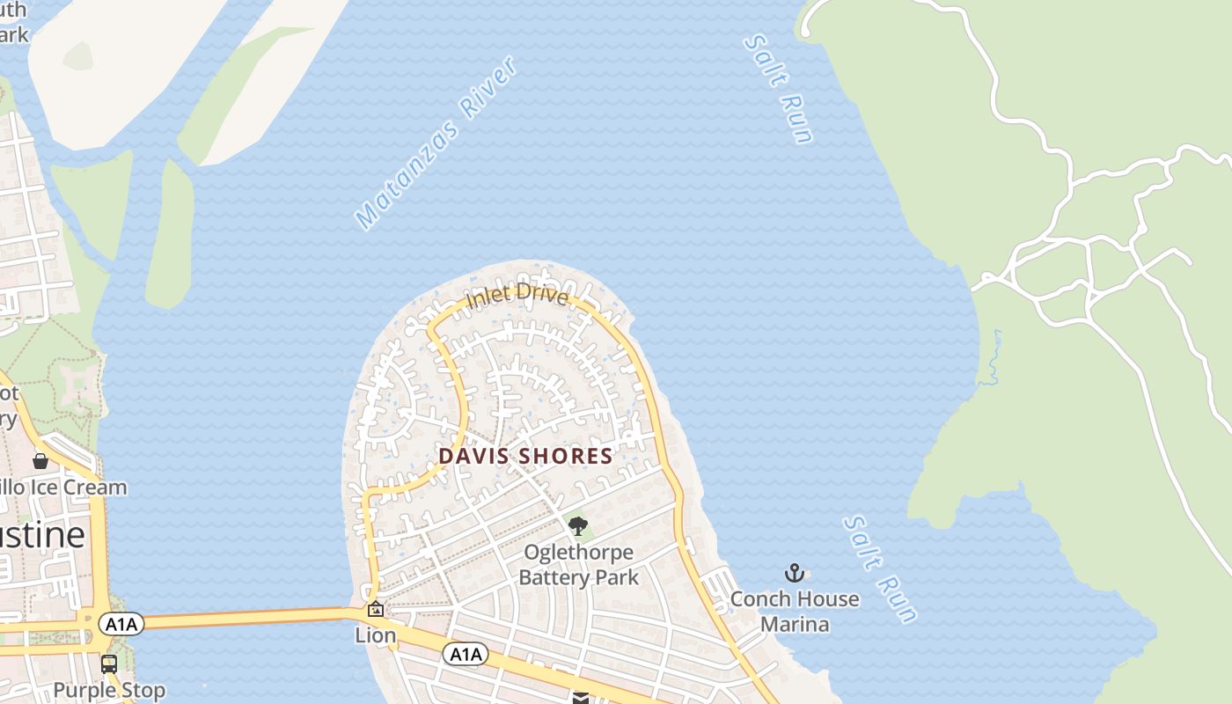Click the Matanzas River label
tap(436, 144)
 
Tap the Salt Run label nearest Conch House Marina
tap(880, 569)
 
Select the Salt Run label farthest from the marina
tap(778, 88)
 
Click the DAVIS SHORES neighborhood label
tap(525, 456)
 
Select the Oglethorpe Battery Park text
tap(578, 565)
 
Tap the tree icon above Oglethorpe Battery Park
tap(578, 526)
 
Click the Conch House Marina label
tap(795, 612)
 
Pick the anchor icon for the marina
tap(795, 574)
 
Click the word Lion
tap(376, 635)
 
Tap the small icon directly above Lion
tap(376, 609)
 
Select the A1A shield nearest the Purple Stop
tap(121, 625)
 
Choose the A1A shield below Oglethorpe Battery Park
tap(465, 654)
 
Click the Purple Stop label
tap(109, 690)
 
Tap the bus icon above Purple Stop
tap(109, 664)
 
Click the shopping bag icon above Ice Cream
tap(40, 461)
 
